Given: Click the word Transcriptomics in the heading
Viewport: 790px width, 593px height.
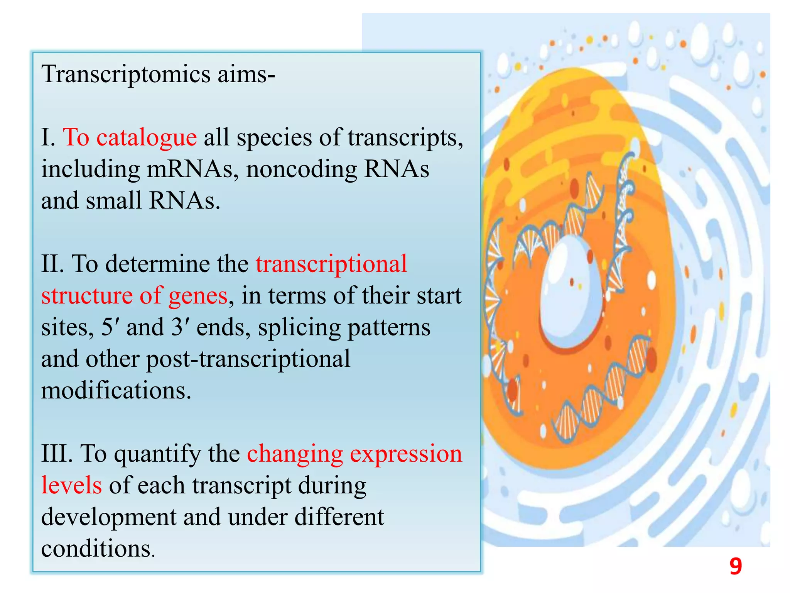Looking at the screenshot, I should tap(126, 74).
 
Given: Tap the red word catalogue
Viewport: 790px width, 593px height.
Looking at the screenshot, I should tap(147, 137).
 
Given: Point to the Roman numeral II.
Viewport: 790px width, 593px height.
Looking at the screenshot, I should tap(52, 264).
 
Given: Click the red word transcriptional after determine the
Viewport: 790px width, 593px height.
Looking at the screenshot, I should tap(331, 264).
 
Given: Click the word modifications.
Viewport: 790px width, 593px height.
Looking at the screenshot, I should tap(116, 391).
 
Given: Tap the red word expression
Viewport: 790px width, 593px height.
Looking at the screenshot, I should tap(406, 454).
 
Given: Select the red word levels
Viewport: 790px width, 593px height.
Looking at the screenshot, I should tap(71, 486).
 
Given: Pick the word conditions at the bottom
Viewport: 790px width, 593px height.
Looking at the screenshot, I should tap(96, 549).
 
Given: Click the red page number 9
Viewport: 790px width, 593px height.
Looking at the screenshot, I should tap(736, 567).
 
